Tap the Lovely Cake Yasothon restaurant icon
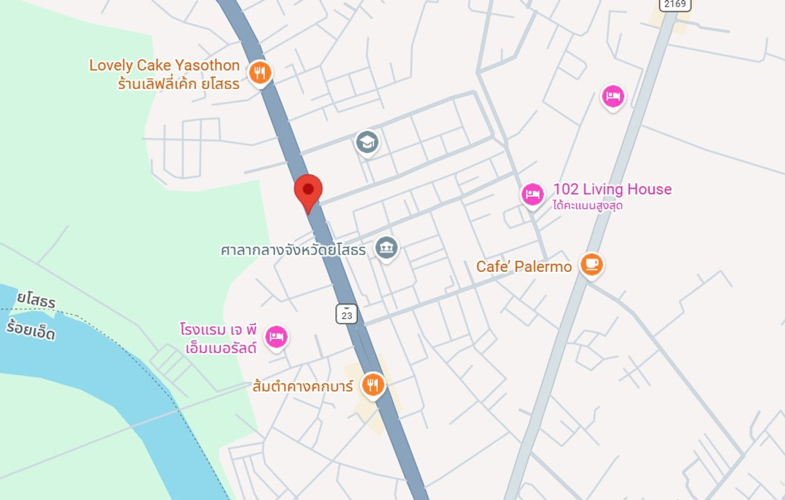(260, 73)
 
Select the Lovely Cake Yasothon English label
(165, 65)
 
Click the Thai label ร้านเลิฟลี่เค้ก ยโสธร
(179, 84)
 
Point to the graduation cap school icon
(367, 141)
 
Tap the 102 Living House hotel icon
(532, 194)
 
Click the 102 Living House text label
(612, 190)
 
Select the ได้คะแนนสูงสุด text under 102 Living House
(587, 206)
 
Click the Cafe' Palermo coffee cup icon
(591, 265)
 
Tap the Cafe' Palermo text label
(524, 267)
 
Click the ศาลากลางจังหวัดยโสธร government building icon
(387, 248)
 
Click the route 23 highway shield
(347, 314)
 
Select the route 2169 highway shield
(675, 5)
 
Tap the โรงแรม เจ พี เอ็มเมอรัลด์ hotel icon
(276, 337)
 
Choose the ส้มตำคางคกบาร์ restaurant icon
(373, 384)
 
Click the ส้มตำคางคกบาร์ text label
(303, 386)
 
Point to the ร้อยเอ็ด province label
(31, 331)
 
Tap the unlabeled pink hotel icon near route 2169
(613, 97)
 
